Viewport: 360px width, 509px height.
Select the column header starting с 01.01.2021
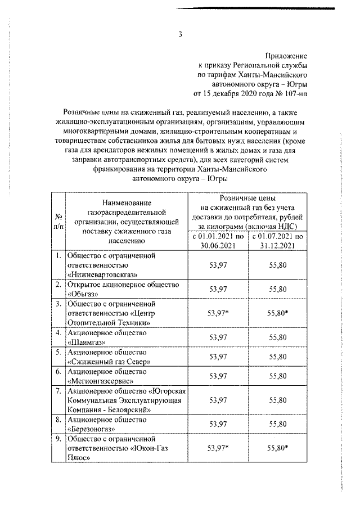click(x=217, y=241)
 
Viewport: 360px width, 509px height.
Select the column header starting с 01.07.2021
click(x=279, y=241)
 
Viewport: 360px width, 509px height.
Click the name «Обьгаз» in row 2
click(x=83, y=294)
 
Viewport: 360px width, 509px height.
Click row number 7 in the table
click(x=58, y=390)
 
